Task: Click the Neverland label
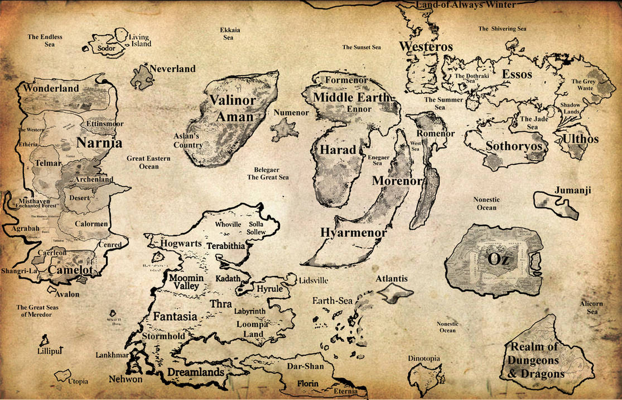click(x=172, y=69)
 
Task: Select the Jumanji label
click(x=573, y=191)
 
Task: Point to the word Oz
click(x=498, y=259)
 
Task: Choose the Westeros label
click(x=426, y=47)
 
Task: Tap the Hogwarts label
click(x=181, y=244)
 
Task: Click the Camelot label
click(x=70, y=270)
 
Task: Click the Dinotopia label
click(x=424, y=358)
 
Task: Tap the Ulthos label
click(x=581, y=139)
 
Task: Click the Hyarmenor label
click(x=354, y=232)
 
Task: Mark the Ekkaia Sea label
click(x=228, y=34)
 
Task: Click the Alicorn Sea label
click(x=591, y=307)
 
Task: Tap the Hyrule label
click(x=271, y=289)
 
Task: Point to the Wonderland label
click(x=51, y=89)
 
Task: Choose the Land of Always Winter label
click(x=466, y=6)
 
